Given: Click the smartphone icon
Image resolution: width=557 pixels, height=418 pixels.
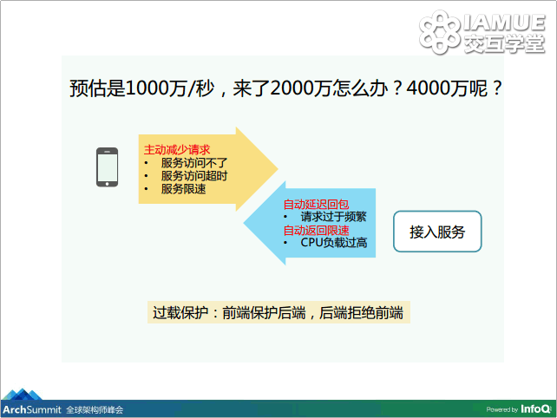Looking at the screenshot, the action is (107, 167).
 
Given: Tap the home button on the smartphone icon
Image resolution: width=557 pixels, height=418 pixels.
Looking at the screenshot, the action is (107, 184).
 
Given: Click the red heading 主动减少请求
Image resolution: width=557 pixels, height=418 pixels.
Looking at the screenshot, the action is (177, 150).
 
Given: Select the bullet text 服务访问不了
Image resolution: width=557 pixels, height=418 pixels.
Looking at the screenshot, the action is (194, 163).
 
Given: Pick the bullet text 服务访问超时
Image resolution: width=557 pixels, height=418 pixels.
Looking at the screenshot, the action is (194, 176).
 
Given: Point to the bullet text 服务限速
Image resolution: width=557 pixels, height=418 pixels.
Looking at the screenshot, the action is (183, 189).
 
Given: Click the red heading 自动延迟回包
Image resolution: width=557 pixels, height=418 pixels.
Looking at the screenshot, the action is (316, 204).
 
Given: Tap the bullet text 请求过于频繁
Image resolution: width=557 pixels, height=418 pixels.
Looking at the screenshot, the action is (333, 217).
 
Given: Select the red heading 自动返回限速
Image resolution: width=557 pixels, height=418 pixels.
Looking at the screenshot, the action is (316, 230).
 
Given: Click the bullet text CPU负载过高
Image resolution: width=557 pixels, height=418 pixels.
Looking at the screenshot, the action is (334, 243).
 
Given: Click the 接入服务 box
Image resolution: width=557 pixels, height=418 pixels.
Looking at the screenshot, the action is (437, 232).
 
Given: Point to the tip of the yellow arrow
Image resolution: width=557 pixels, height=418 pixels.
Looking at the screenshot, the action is (278, 169).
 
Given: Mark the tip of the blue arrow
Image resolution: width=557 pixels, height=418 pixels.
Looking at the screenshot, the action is (243, 223).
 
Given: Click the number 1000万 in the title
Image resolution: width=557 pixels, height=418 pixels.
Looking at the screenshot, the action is (156, 88).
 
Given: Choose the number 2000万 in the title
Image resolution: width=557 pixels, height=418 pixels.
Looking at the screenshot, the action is (300, 88).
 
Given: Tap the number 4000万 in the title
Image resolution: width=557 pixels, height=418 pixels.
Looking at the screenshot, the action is (437, 88).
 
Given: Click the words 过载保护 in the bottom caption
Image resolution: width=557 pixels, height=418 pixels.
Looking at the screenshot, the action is (180, 313).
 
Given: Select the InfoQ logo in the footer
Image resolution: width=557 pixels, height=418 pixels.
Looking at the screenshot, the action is (535, 409).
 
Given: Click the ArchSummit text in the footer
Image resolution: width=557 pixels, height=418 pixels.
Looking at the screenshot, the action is (32, 409).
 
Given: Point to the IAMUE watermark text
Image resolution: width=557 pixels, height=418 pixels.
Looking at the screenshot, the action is (504, 23).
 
